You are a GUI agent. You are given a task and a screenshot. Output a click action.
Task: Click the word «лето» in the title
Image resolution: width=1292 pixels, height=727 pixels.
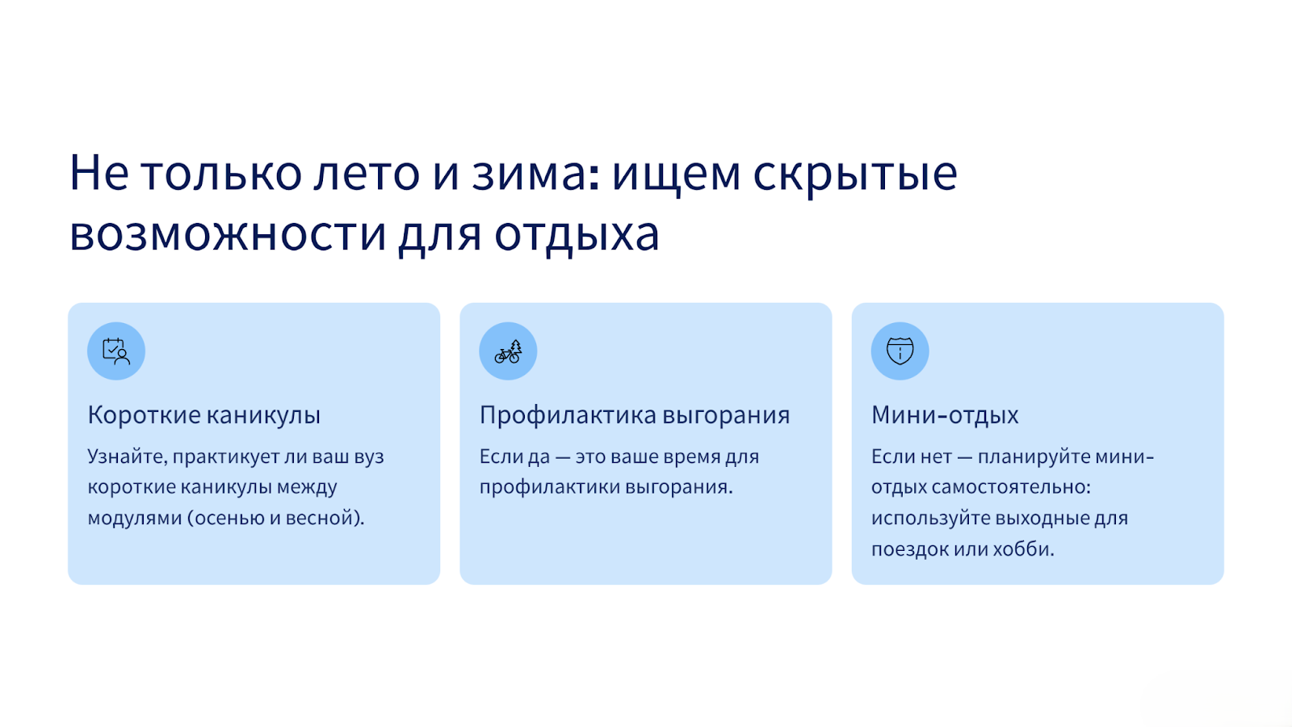click(367, 174)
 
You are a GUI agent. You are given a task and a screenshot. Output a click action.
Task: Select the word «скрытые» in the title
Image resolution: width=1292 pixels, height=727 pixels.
click(855, 177)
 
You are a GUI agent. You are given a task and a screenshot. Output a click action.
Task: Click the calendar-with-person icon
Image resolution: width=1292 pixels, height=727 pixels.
click(116, 351)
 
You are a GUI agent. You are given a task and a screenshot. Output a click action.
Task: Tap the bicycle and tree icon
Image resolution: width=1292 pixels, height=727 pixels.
click(508, 351)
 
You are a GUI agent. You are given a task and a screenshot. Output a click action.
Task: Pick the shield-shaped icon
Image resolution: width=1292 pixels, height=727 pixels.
click(900, 351)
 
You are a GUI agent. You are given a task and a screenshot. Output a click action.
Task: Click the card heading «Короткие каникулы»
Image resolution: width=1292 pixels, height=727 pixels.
click(203, 415)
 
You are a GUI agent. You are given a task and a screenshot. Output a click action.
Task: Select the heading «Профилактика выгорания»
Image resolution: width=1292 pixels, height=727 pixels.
click(635, 415)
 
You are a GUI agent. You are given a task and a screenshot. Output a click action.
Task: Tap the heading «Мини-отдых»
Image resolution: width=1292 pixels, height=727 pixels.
click(945, 415)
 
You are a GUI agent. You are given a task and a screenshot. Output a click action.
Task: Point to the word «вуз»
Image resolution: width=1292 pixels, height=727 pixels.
click(369, 457)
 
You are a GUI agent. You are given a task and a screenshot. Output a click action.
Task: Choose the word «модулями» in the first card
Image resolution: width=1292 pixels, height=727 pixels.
click(135, 518)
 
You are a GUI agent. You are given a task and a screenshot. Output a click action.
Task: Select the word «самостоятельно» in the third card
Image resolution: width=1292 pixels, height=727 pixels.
click(1011, 488)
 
